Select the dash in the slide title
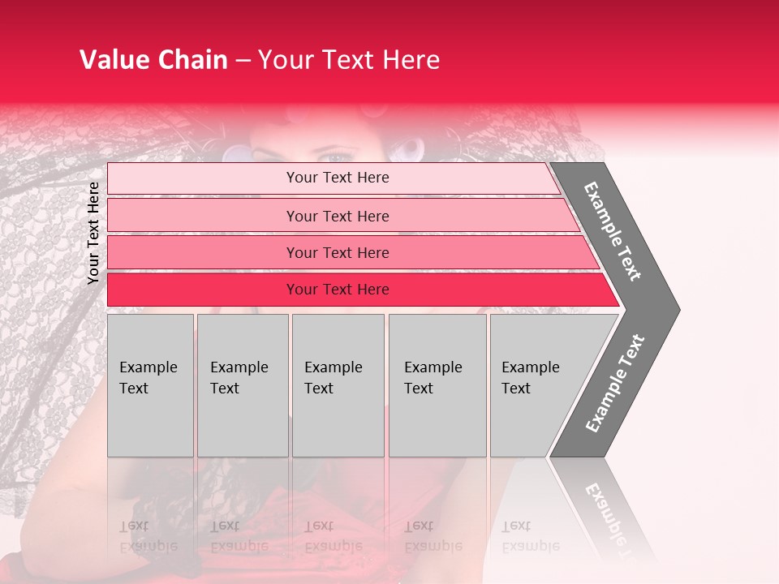coord(243,61)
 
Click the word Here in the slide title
coord(411,60)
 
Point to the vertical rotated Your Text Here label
coord(93,233)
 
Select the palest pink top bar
coord(333,178)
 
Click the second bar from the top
coord(341,216)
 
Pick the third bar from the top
coord(349,252)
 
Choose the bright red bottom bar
coord(357,290)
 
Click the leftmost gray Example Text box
coord(150,385)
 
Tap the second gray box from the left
coord(242,385)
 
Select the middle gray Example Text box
coord(338,385)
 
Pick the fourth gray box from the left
coord(437,385)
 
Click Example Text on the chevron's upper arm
coord(613,232)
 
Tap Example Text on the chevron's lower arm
coord(614,383)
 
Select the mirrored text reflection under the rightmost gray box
coord(530,535)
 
